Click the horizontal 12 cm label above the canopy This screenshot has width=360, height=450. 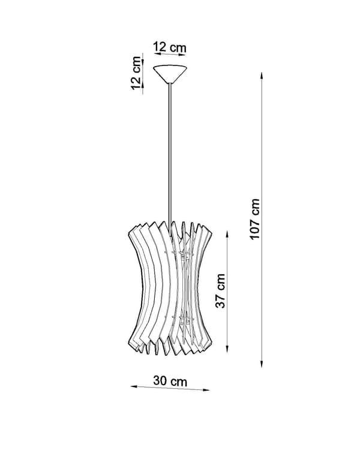(170, 47)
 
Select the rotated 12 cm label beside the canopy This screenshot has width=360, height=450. (136, 73)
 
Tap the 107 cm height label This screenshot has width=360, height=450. (254, 219)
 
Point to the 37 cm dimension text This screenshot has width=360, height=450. (220, 291)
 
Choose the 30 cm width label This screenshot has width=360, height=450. (170, 381)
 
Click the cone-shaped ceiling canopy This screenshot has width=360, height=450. (170, 74)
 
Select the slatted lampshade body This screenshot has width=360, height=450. (170, 288)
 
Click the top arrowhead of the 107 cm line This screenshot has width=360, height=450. (262, 76)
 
